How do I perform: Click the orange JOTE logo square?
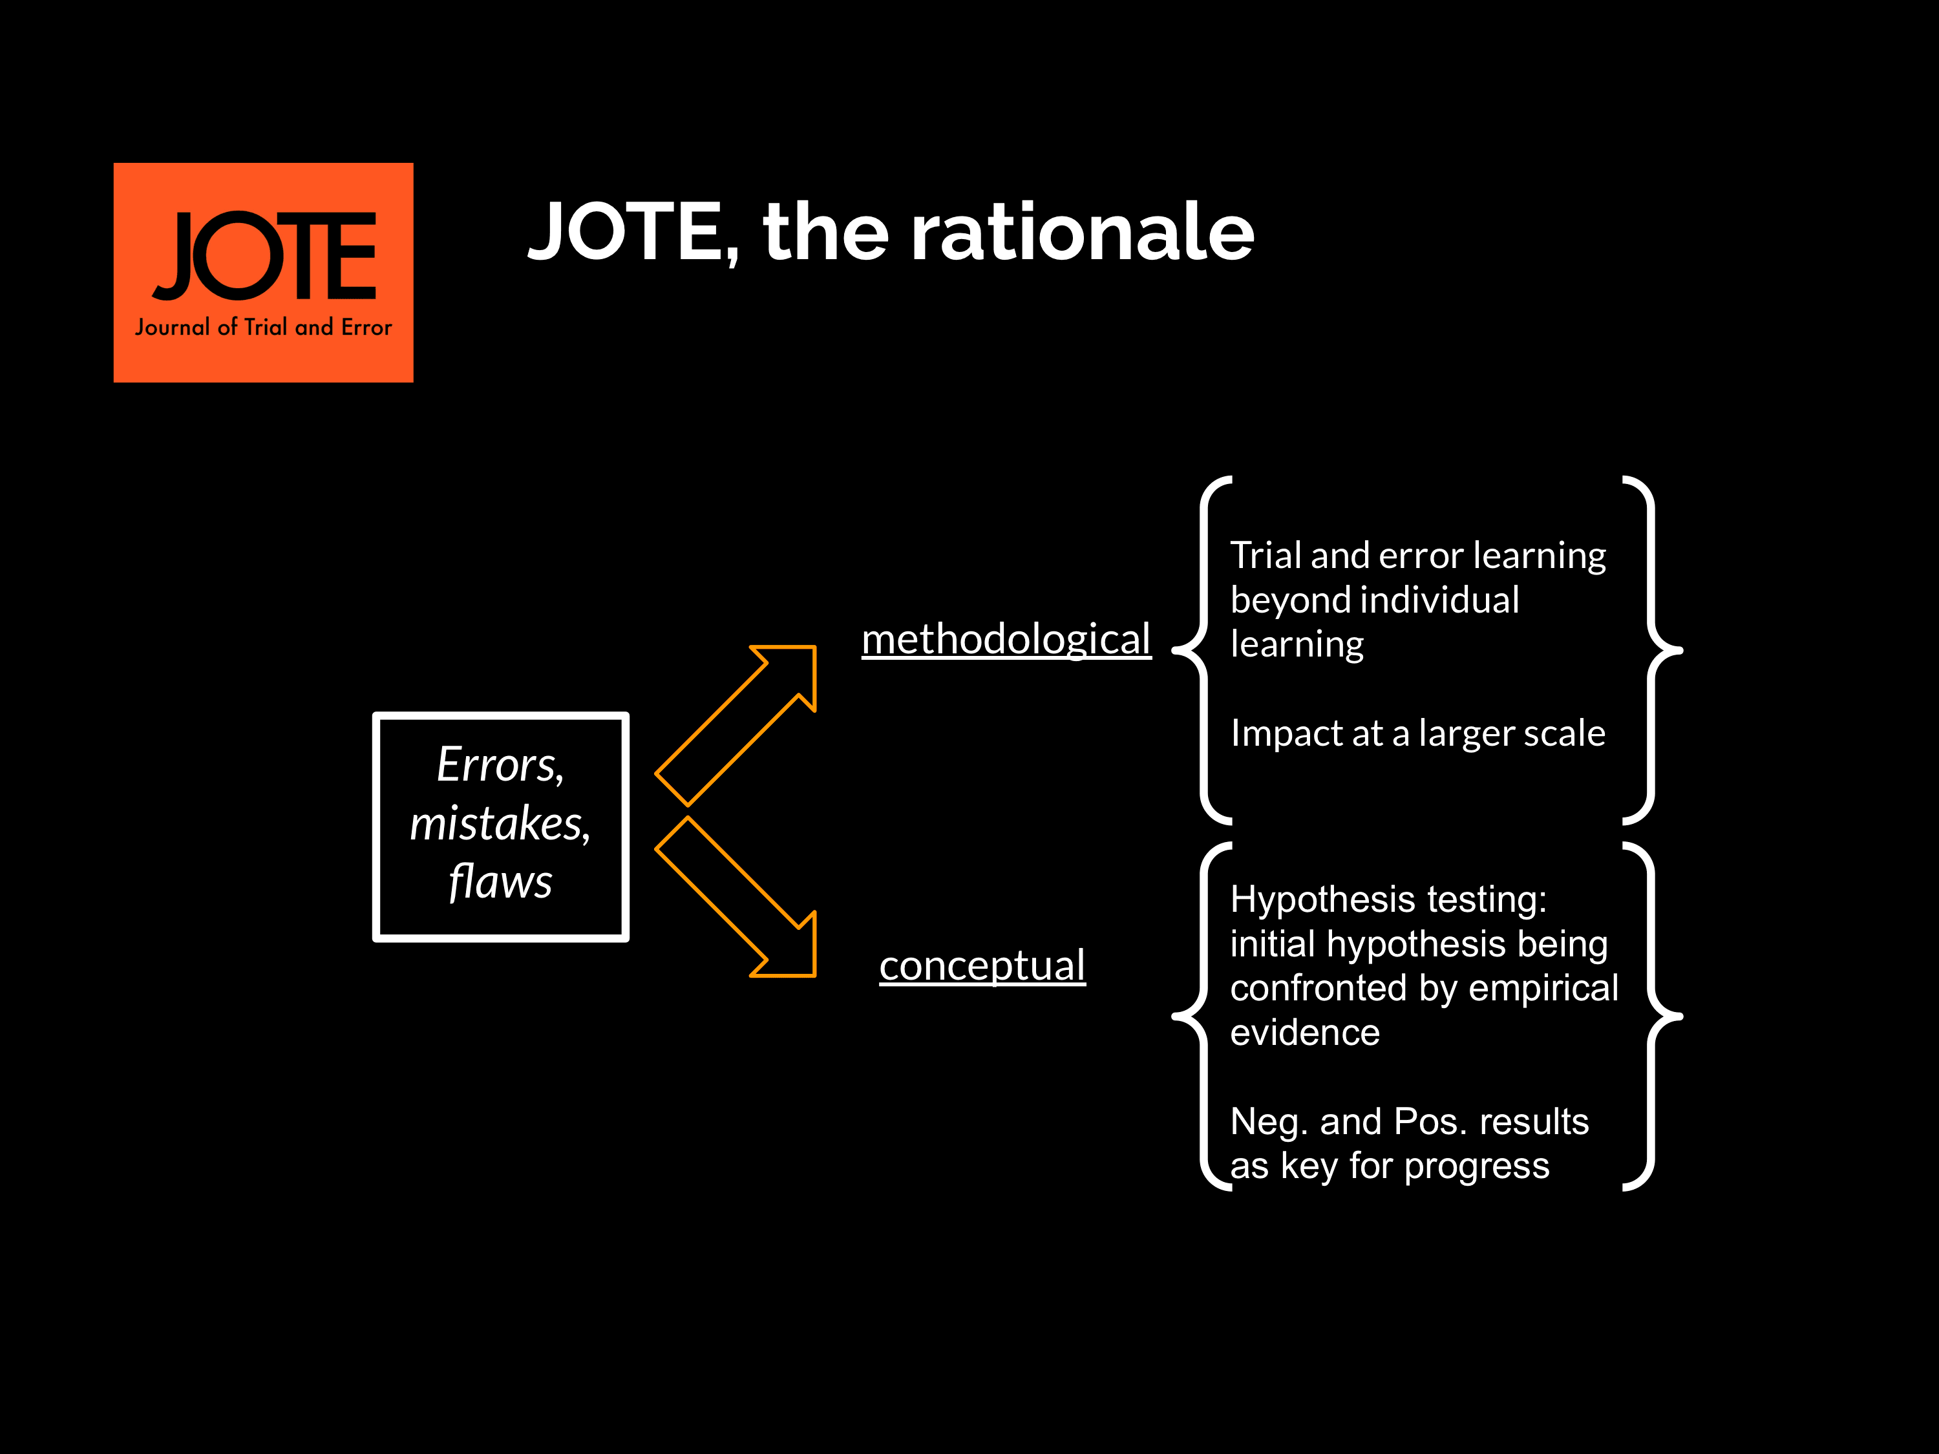pos(263,273)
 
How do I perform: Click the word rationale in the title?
pos(1083,231)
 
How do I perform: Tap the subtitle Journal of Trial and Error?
pos(263,327)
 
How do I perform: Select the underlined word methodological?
pos(1006,639)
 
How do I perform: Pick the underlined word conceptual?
pos(982,966)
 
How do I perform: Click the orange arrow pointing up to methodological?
pos(736,726)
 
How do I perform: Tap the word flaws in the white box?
pos(500,881)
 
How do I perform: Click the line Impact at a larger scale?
pos(1417,733)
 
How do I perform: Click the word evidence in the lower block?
pos(1305,1033)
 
